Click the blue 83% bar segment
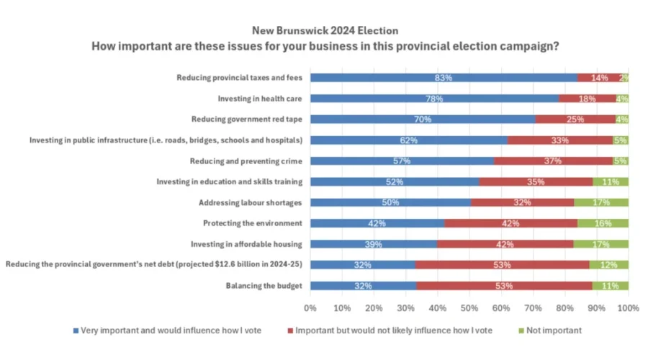click(x=444, y=78)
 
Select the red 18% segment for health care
click(x=588, y=99)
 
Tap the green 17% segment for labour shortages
click(x=600, y=202)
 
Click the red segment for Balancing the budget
click(x=504, y=286)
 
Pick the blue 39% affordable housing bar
click(x=373, y=244)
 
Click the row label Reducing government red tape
click(x=246, y=119)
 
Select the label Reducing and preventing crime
click(x=245, y=161)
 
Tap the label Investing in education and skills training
click(x=228, y=181)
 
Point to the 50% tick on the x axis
click(x=469, y=308)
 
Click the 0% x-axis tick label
click(x=310, y=308)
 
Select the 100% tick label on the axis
click(x=628, y=308)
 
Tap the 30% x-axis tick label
click(x=406, y=308)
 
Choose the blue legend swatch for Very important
click(x=75, y=330)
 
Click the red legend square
click(x=290, y=330)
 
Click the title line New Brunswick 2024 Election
click(x=325, y=31)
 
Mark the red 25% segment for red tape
click(x=575, y=120)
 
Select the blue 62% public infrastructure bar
click(x=408, y=140)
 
